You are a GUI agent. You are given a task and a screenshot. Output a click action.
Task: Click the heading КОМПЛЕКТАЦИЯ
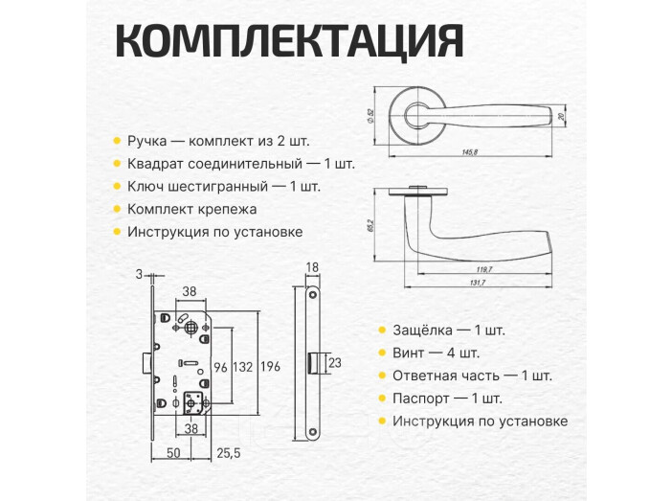[288, 42]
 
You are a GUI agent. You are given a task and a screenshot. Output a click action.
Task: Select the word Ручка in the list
[146, 141]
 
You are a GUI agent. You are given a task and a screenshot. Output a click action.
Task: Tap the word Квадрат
[156, 164]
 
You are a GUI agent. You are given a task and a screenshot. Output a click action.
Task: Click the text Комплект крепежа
[191, 209]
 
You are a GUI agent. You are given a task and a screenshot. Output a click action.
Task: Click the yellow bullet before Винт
[384, 353]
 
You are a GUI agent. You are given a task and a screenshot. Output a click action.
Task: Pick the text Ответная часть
[440, 376]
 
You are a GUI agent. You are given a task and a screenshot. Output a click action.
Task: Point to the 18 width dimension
[311, 267]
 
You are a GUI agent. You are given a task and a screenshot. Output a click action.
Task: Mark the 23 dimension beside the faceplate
[334, 364]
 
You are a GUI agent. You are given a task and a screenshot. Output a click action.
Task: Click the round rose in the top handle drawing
[420, 114]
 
